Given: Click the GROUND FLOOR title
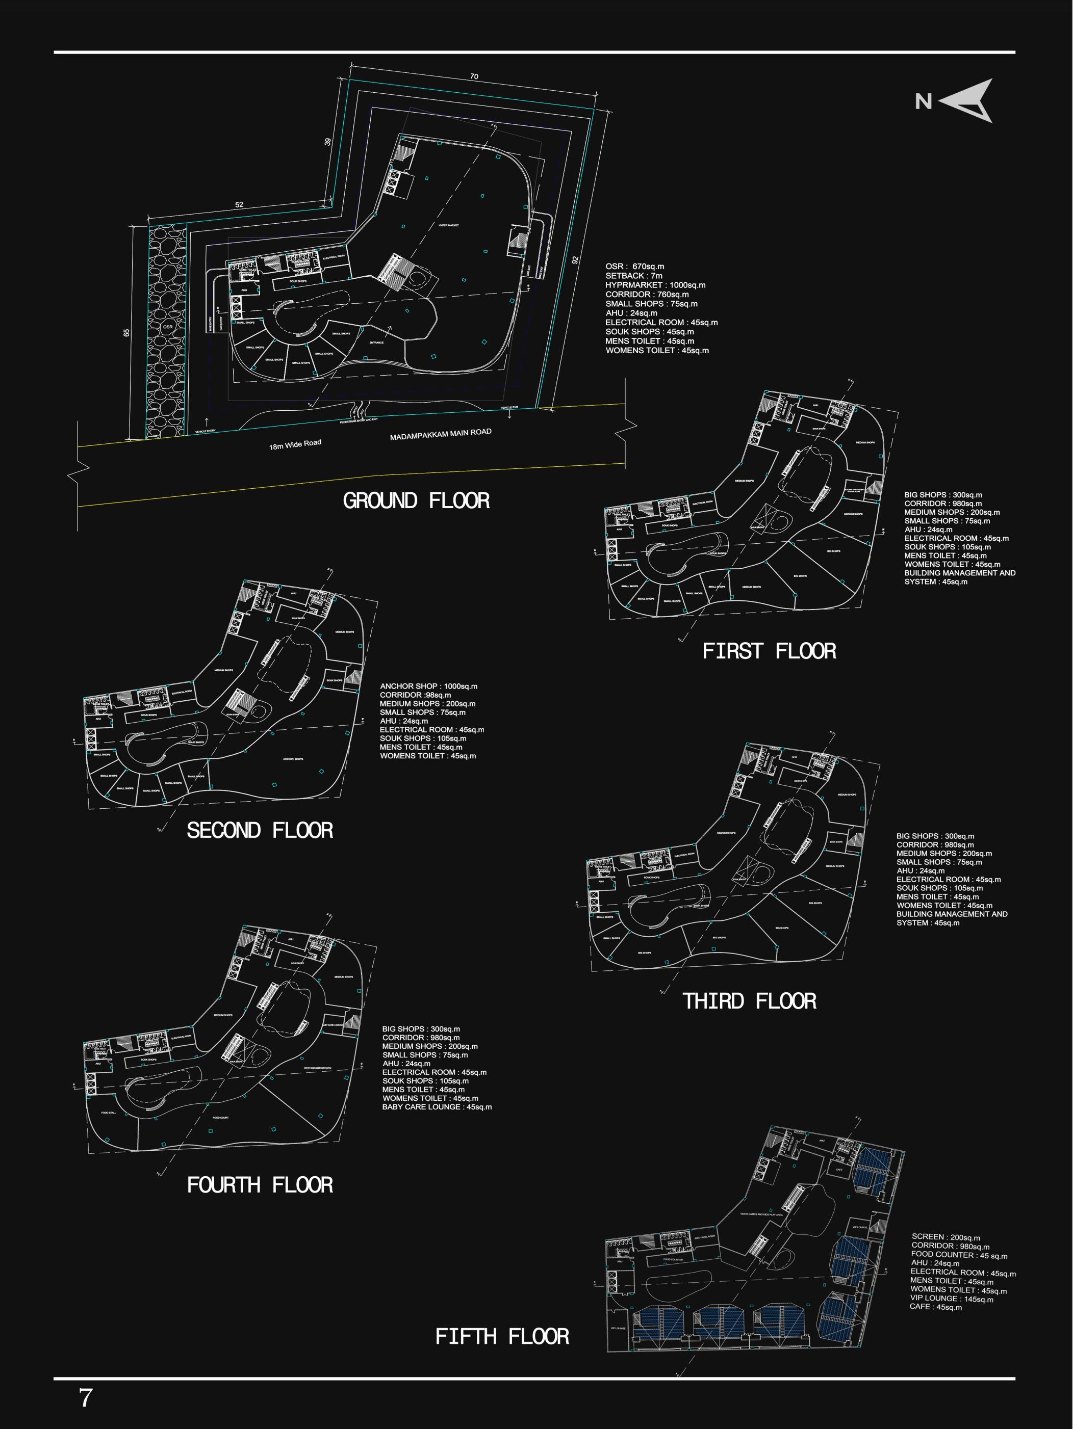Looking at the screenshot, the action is tap(416, 500).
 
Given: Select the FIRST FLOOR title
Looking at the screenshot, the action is tap(769, 651).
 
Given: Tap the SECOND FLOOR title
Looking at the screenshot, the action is tap(260, 830).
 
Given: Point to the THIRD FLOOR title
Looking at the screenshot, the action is tap(749, 1001).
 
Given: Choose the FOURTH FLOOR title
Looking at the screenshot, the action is tap(260, 1185).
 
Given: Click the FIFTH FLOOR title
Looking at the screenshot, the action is tap(502, 1336).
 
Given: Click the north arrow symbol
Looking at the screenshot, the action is tap(966, 101).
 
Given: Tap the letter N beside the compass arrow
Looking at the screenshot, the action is tap(923, 101).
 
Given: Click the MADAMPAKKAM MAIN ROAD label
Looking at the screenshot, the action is tap(441, 435).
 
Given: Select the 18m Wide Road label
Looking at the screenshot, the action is tap(295, 444).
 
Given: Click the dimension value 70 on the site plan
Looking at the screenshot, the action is tap(474, 77).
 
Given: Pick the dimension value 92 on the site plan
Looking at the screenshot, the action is tap(575, 260).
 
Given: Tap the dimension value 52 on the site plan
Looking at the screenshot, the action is tap(239, 205).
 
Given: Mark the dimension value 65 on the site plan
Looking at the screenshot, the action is tap(126, 333).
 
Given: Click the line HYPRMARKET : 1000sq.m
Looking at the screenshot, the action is tap(655, 285).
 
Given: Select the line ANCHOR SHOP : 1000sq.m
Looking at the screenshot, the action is tap(428, 686).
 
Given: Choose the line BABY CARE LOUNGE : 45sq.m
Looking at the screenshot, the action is tap(437, 1106).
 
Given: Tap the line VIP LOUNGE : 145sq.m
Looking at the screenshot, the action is tap(952, 1299).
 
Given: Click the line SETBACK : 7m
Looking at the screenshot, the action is tap(633, 276).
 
